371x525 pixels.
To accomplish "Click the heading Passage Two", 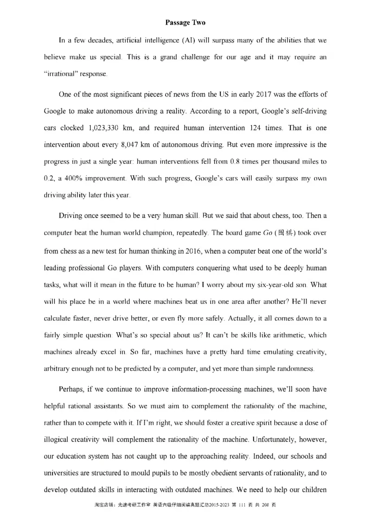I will point(185,22).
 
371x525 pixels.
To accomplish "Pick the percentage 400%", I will point(73,178).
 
